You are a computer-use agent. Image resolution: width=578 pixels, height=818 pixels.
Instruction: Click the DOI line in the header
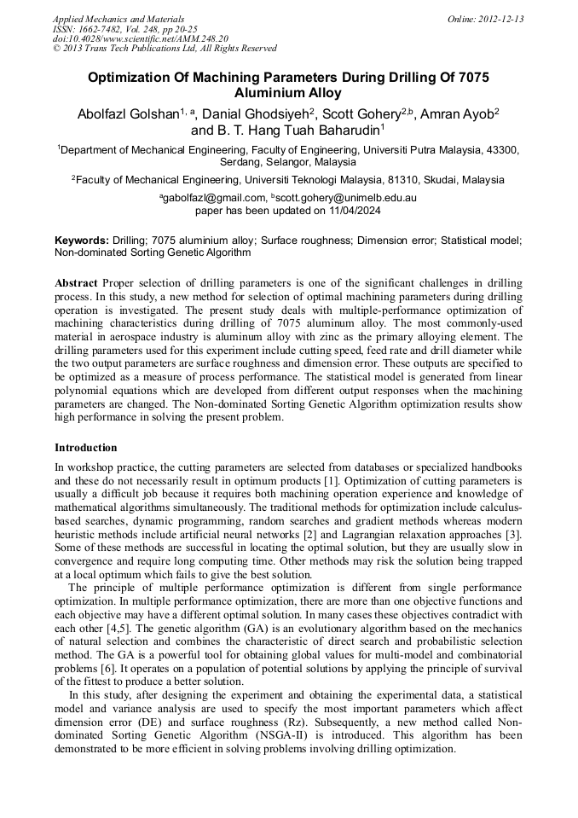[x=141, y=38]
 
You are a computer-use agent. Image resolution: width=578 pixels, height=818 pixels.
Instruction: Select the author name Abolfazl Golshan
[x=126, y=113]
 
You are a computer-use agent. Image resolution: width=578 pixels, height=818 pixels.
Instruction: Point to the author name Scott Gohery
[x=359, y=113]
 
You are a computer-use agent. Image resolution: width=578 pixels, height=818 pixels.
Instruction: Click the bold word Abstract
[x=76, y=282]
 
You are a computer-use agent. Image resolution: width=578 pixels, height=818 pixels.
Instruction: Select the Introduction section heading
[x=86, y=447]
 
